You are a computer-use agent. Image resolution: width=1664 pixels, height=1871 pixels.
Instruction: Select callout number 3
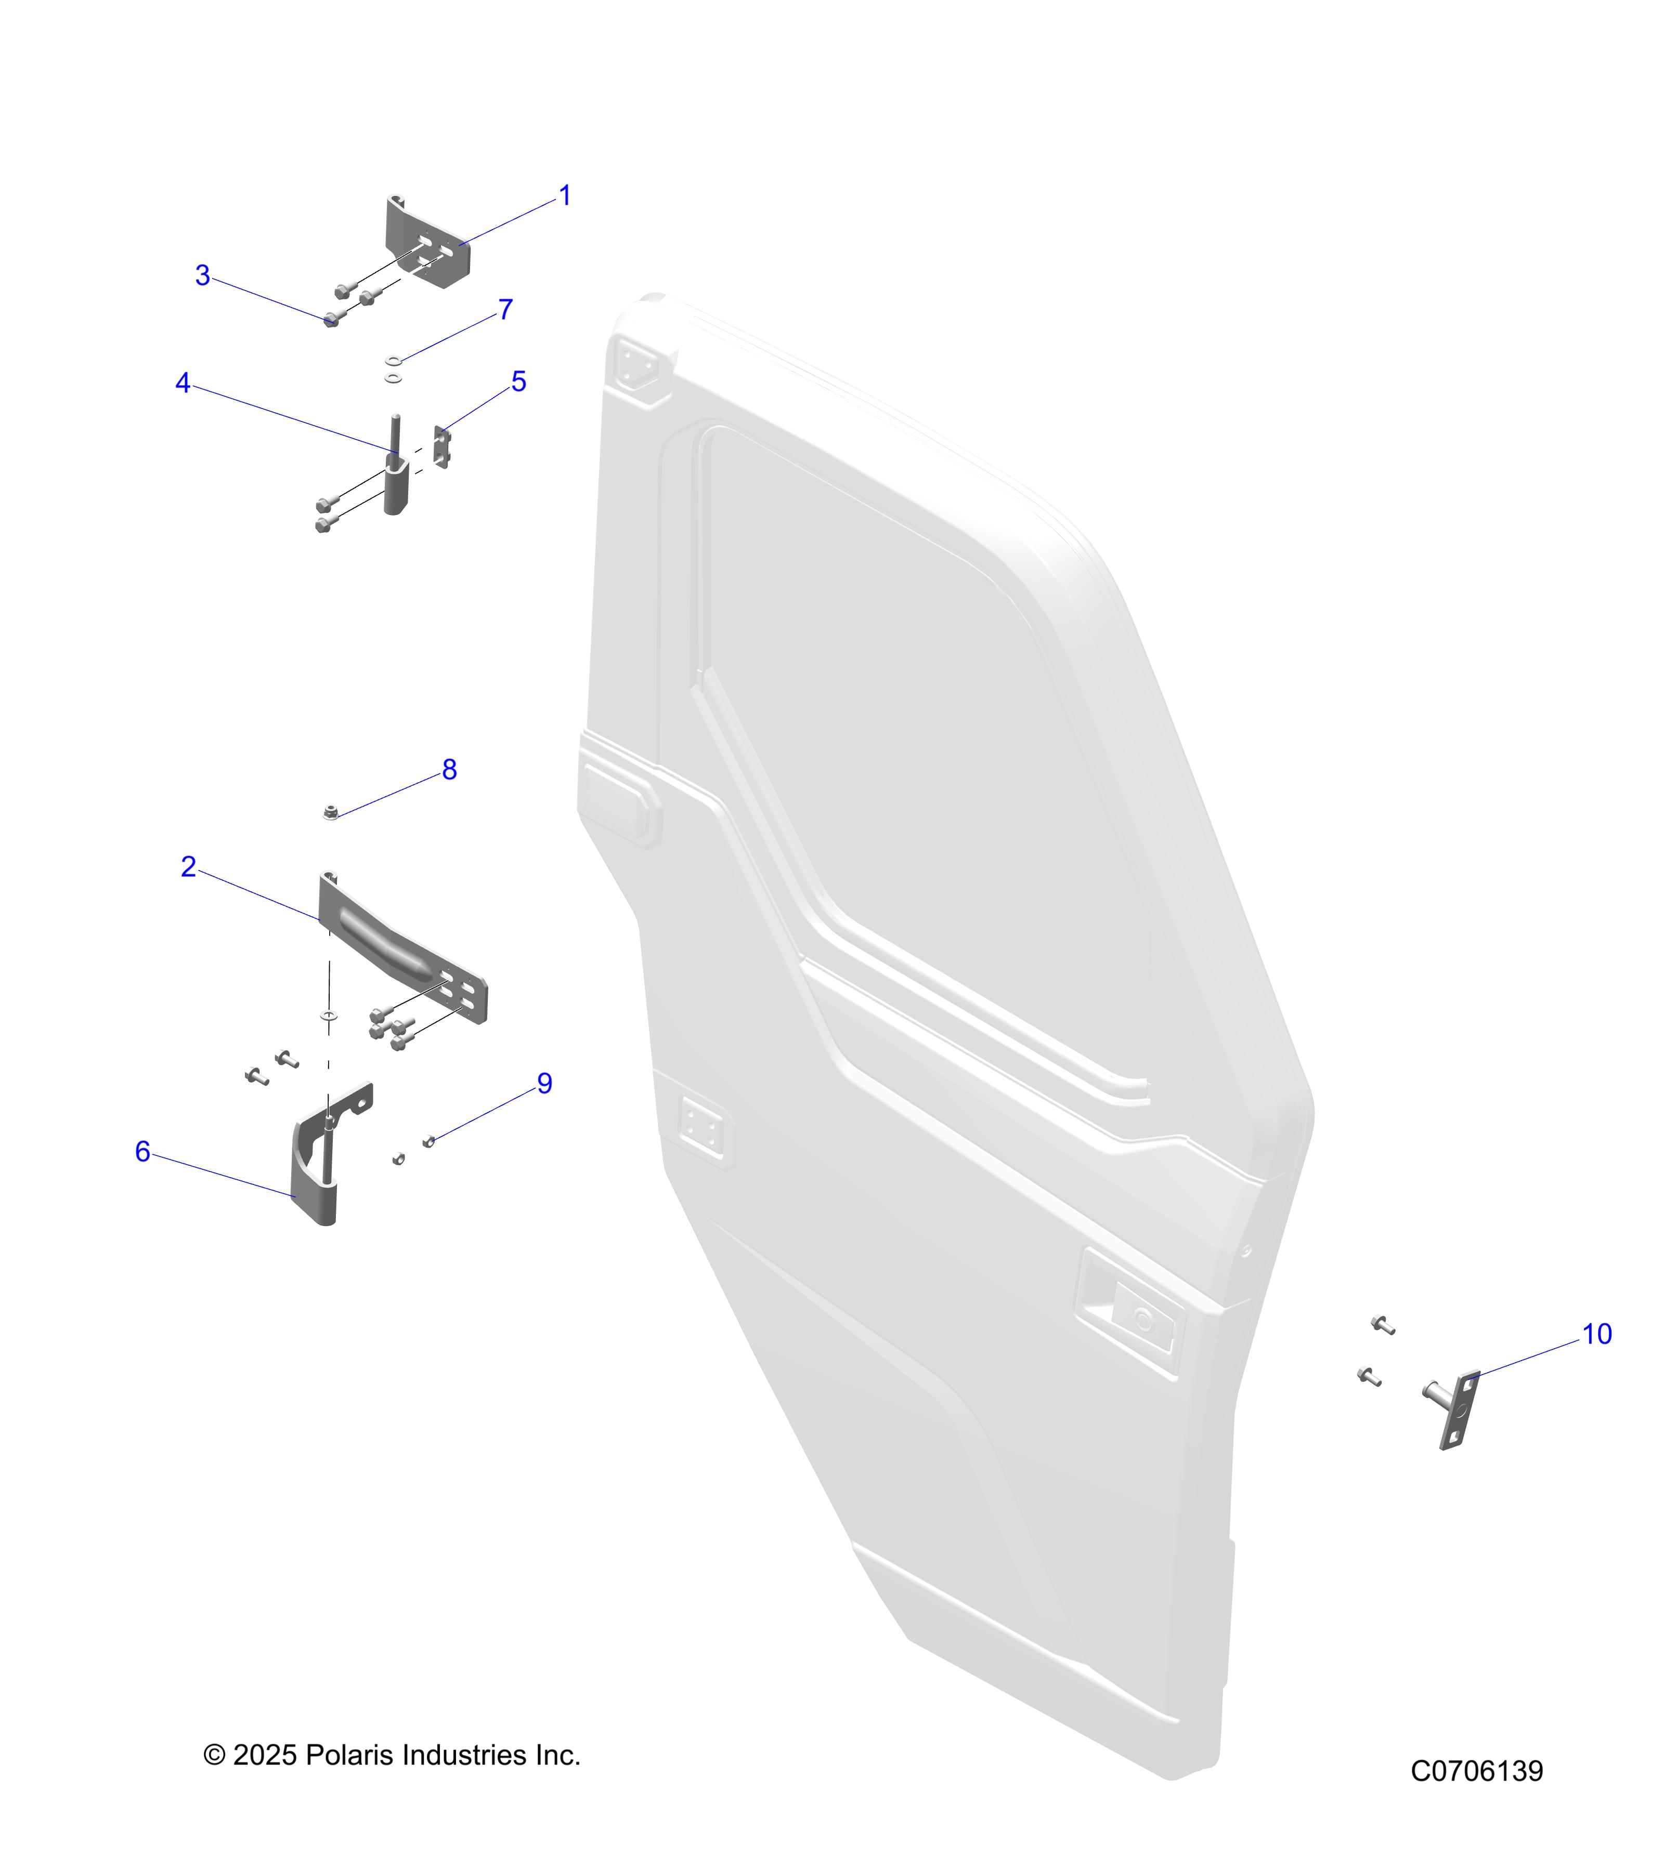coord(202,275)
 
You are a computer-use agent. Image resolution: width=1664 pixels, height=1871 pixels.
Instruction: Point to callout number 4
coord(183,383)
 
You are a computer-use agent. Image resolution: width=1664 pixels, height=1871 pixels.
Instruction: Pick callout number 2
coord(189,866)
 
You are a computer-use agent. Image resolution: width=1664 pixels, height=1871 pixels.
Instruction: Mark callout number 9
coord(545,1083)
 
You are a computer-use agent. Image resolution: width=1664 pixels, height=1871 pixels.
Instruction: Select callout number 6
coord(143,1152)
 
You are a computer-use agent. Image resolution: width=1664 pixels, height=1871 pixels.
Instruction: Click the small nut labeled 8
coord(331,811)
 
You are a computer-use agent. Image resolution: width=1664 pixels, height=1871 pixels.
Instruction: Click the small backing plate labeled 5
coord(441,446)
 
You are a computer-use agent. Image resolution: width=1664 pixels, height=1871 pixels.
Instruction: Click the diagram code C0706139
coord(1476,1771)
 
